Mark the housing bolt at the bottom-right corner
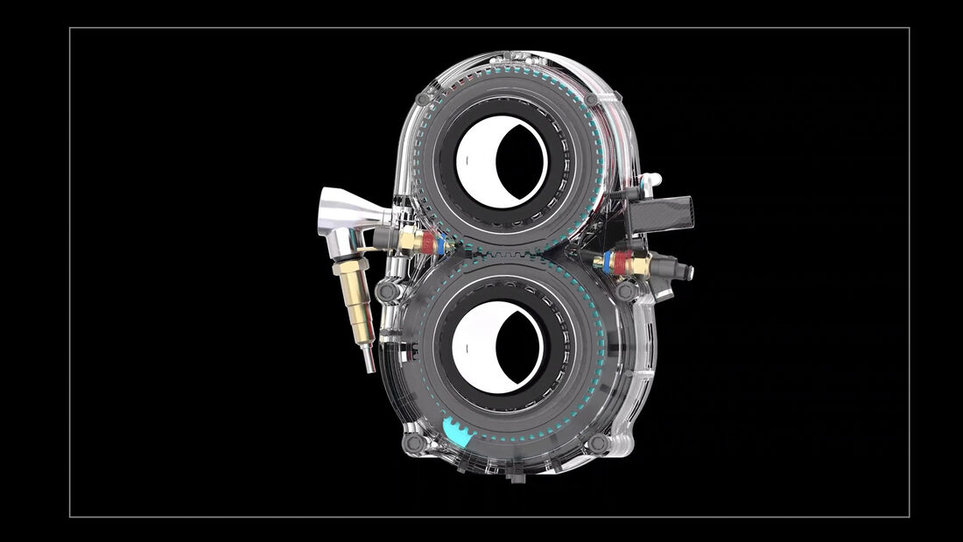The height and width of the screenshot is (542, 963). click(599, 444)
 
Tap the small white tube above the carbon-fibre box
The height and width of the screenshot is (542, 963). click(649, 180)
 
